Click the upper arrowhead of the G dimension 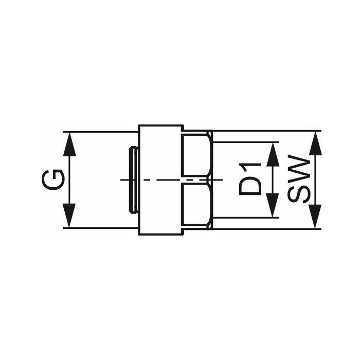click(69, 141)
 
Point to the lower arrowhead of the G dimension click(69, 217)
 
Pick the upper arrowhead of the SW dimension click(315, 141)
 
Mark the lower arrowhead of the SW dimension click(315, 218)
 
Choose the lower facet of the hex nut click(197, 205)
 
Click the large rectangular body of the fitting click(161, 179)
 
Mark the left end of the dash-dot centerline click(121, 179)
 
